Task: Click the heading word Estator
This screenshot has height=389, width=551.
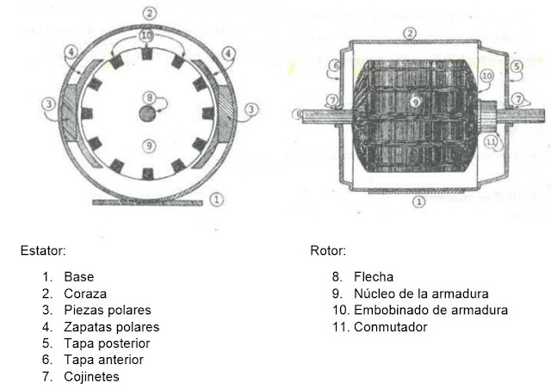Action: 43,251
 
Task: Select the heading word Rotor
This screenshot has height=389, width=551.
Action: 328,251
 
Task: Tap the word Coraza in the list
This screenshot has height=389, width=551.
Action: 84,293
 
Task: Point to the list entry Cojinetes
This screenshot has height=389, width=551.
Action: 90,376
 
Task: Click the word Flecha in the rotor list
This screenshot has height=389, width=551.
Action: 373,277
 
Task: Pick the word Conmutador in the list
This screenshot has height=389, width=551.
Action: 390,327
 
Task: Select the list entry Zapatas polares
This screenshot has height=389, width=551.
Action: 111,327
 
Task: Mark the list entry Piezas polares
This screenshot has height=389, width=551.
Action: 107,310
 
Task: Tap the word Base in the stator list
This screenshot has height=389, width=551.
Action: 78,277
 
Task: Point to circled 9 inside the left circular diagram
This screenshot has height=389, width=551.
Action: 149,145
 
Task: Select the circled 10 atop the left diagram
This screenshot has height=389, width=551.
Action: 148,35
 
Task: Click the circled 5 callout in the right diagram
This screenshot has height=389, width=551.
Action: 516,65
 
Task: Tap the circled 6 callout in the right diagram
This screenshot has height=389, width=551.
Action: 336,65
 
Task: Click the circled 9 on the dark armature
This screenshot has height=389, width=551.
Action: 415,102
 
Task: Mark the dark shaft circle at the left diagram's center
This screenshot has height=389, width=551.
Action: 148,114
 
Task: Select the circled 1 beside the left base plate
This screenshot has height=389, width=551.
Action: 218,199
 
